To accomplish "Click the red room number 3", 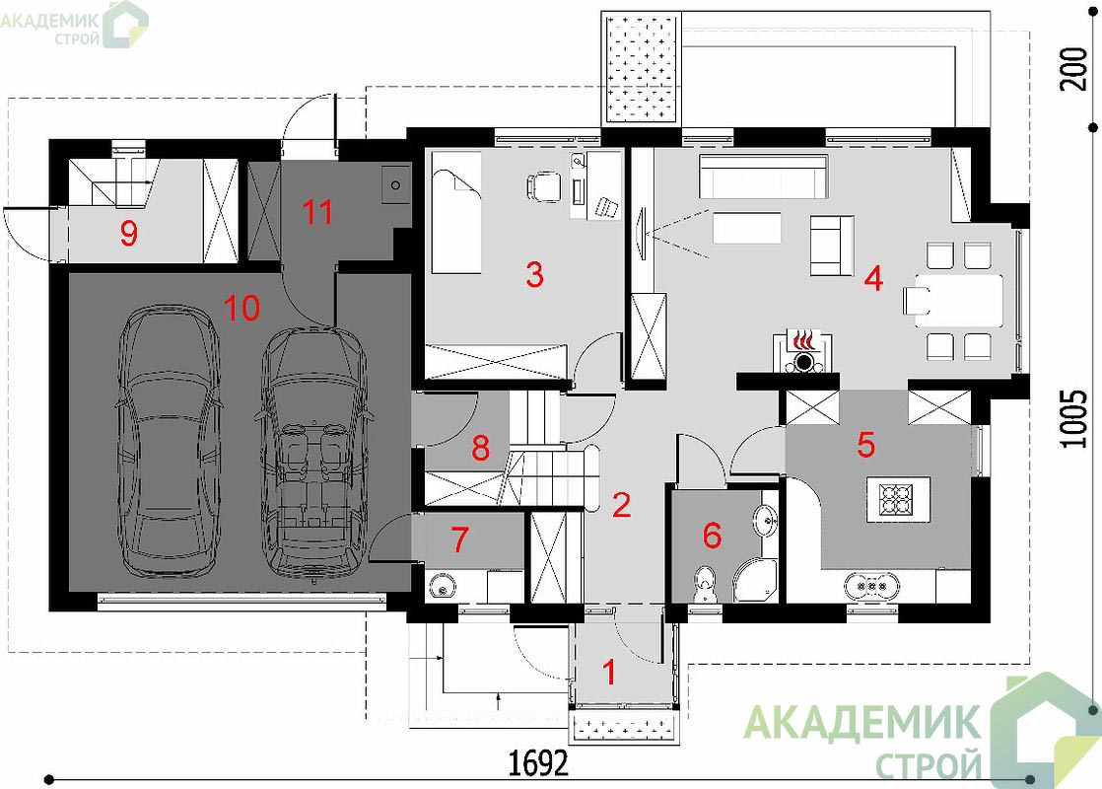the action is tap(534, 274).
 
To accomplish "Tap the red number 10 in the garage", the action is tap(241, 308).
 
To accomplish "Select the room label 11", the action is tap(317, 211).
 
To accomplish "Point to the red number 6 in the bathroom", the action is tap(712, 536).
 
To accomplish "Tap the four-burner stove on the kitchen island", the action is tap(898, 499).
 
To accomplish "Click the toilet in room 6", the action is tap(704, 585).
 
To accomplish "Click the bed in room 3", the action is tap(456, 213).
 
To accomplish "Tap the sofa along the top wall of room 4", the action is tap(763, 177).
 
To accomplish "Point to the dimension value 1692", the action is tap(537, 762).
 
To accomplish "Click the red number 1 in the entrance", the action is tap(609, 673).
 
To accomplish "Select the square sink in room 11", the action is tap(395, 185).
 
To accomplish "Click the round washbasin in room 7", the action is tap(442, 587).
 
